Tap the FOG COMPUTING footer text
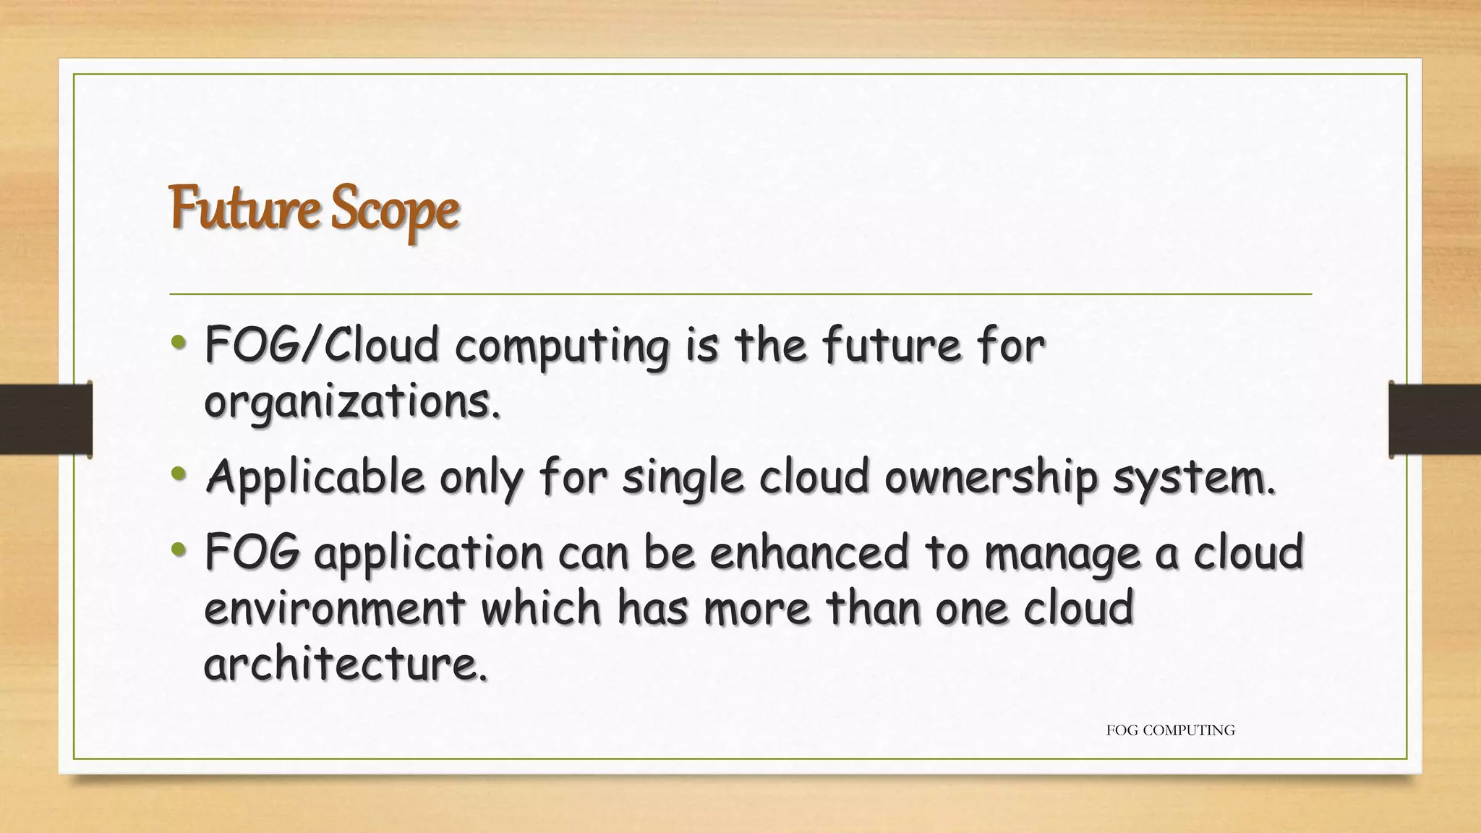(x=1170, y=730)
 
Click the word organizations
(x=351, y=402)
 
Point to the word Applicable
(x=315, y=478)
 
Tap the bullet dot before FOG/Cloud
(x=179, y=343)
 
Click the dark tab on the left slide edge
(x=46, y=419)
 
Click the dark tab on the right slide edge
(x=1435, y=419)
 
